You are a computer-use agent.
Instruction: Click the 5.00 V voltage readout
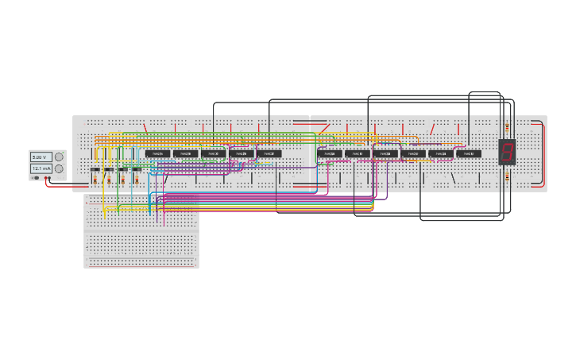pos(41,157)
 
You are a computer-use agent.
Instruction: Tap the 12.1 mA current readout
pos(41,168)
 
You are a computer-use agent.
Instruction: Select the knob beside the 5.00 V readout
pos(59,157)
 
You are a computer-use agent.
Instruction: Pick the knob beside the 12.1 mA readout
pos(59,168)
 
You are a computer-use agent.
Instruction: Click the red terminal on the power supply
pos(49,178)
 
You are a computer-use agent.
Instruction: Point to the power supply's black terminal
pos(45,178)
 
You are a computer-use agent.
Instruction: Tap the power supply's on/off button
pos(36,178)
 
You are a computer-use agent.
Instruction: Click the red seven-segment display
pos(507,151)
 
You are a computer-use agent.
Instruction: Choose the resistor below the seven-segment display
pos(507,176)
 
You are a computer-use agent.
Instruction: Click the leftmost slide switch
pos(95,169)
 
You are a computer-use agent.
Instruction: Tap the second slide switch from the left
pos(109,169)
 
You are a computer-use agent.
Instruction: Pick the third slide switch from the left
pos(122,169)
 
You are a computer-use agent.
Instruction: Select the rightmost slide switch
pos(137,169)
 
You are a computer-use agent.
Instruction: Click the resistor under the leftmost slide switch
pos(95,180)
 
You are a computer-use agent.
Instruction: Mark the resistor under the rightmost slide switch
pos(137,180)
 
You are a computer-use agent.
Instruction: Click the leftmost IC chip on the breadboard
pos(157,153)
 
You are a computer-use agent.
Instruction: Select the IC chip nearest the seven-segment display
pos(470,153)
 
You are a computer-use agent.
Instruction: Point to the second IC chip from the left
pos(184,153)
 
